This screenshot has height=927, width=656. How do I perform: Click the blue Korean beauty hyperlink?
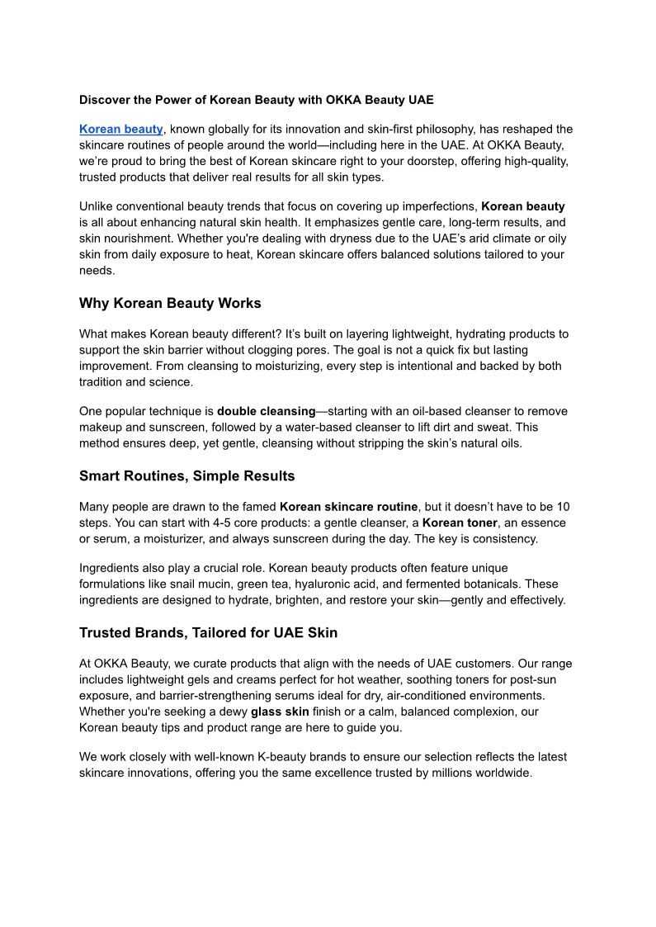click(x=121, y=129)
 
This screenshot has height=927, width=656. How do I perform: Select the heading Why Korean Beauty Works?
click(x=170, y=303)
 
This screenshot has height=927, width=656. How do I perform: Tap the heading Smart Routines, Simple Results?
click(x=186, y=475)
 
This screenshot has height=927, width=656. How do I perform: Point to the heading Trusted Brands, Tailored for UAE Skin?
click(x=208, y=632)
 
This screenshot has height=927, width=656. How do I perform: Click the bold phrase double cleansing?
click(x=267, y=411)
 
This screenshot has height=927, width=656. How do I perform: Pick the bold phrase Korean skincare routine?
click(x=349, y=507)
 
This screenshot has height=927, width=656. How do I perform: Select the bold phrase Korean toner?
click(x=460, y=523)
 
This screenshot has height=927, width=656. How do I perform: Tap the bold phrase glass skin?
click(x=281, y=711)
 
